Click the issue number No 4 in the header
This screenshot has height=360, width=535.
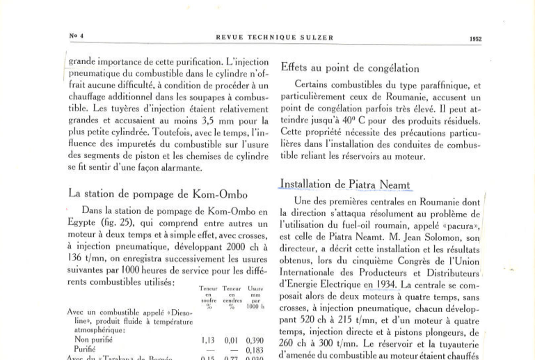[x=77, y=36]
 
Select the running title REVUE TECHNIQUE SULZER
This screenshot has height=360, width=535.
[x=275, y=37]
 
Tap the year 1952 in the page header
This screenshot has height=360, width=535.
[x=475, y=39]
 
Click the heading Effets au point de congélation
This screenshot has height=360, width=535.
[x=349, y=68]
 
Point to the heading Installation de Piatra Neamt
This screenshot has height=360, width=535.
[x=344, y=185]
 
